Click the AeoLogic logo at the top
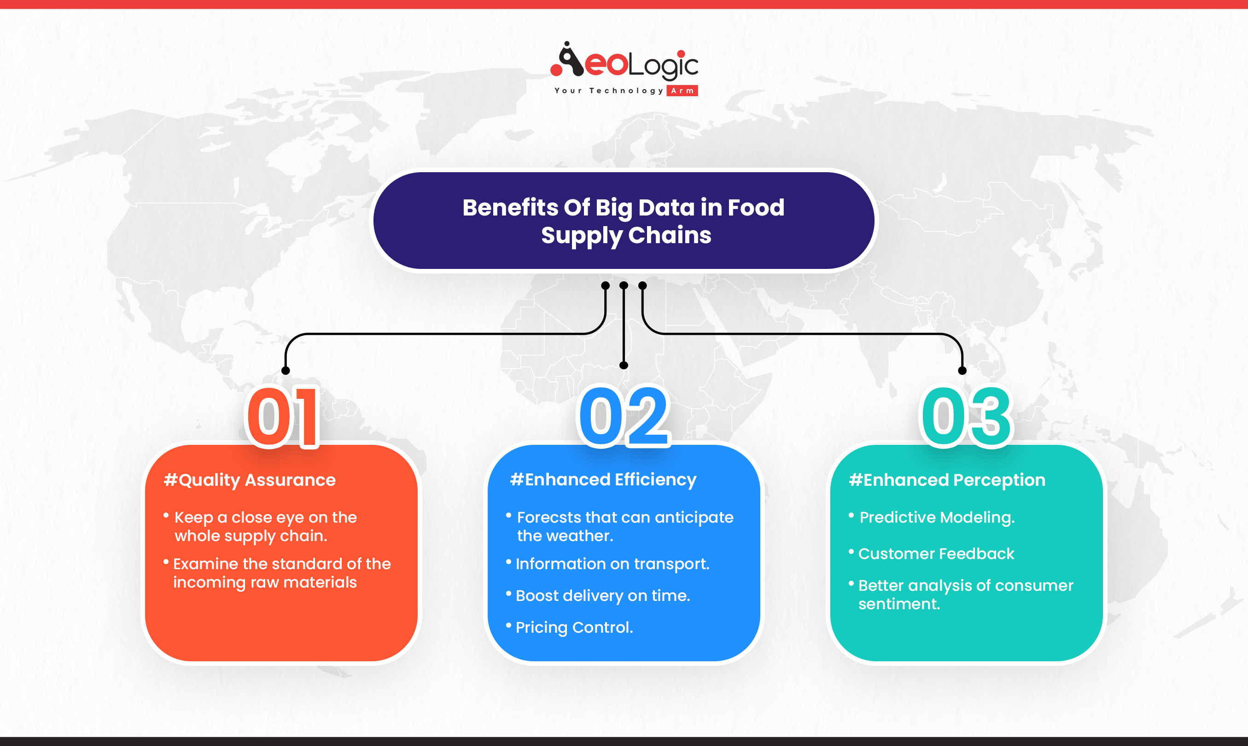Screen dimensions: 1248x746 624,68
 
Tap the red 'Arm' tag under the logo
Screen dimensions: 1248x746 682,90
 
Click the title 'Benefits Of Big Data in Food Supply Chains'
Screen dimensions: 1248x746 624,221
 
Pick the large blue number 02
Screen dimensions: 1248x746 624,416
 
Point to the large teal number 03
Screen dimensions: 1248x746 966,416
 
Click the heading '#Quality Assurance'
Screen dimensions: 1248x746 250,480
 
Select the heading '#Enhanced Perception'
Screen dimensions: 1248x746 947,480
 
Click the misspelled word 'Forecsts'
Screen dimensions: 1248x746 549,517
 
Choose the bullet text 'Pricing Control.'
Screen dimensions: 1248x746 574,627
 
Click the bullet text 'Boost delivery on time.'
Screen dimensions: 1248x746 603,596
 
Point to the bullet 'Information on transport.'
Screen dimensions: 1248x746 612,564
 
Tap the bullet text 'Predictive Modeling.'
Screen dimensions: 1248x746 937,517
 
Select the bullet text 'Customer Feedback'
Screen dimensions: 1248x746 936,554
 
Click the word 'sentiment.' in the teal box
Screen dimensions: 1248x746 898,604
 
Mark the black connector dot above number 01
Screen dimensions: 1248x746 286,371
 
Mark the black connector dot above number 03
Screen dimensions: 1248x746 962,371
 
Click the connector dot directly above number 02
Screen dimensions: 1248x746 624,366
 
